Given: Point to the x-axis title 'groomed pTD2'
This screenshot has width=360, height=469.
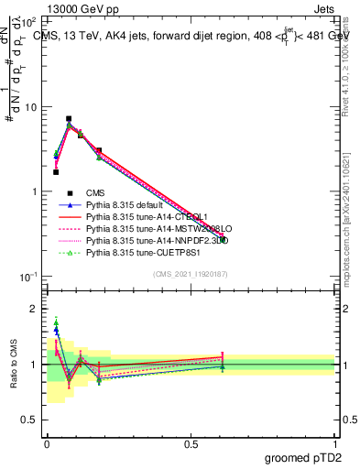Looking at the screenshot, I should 302,455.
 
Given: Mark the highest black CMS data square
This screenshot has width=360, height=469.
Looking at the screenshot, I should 69,118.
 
